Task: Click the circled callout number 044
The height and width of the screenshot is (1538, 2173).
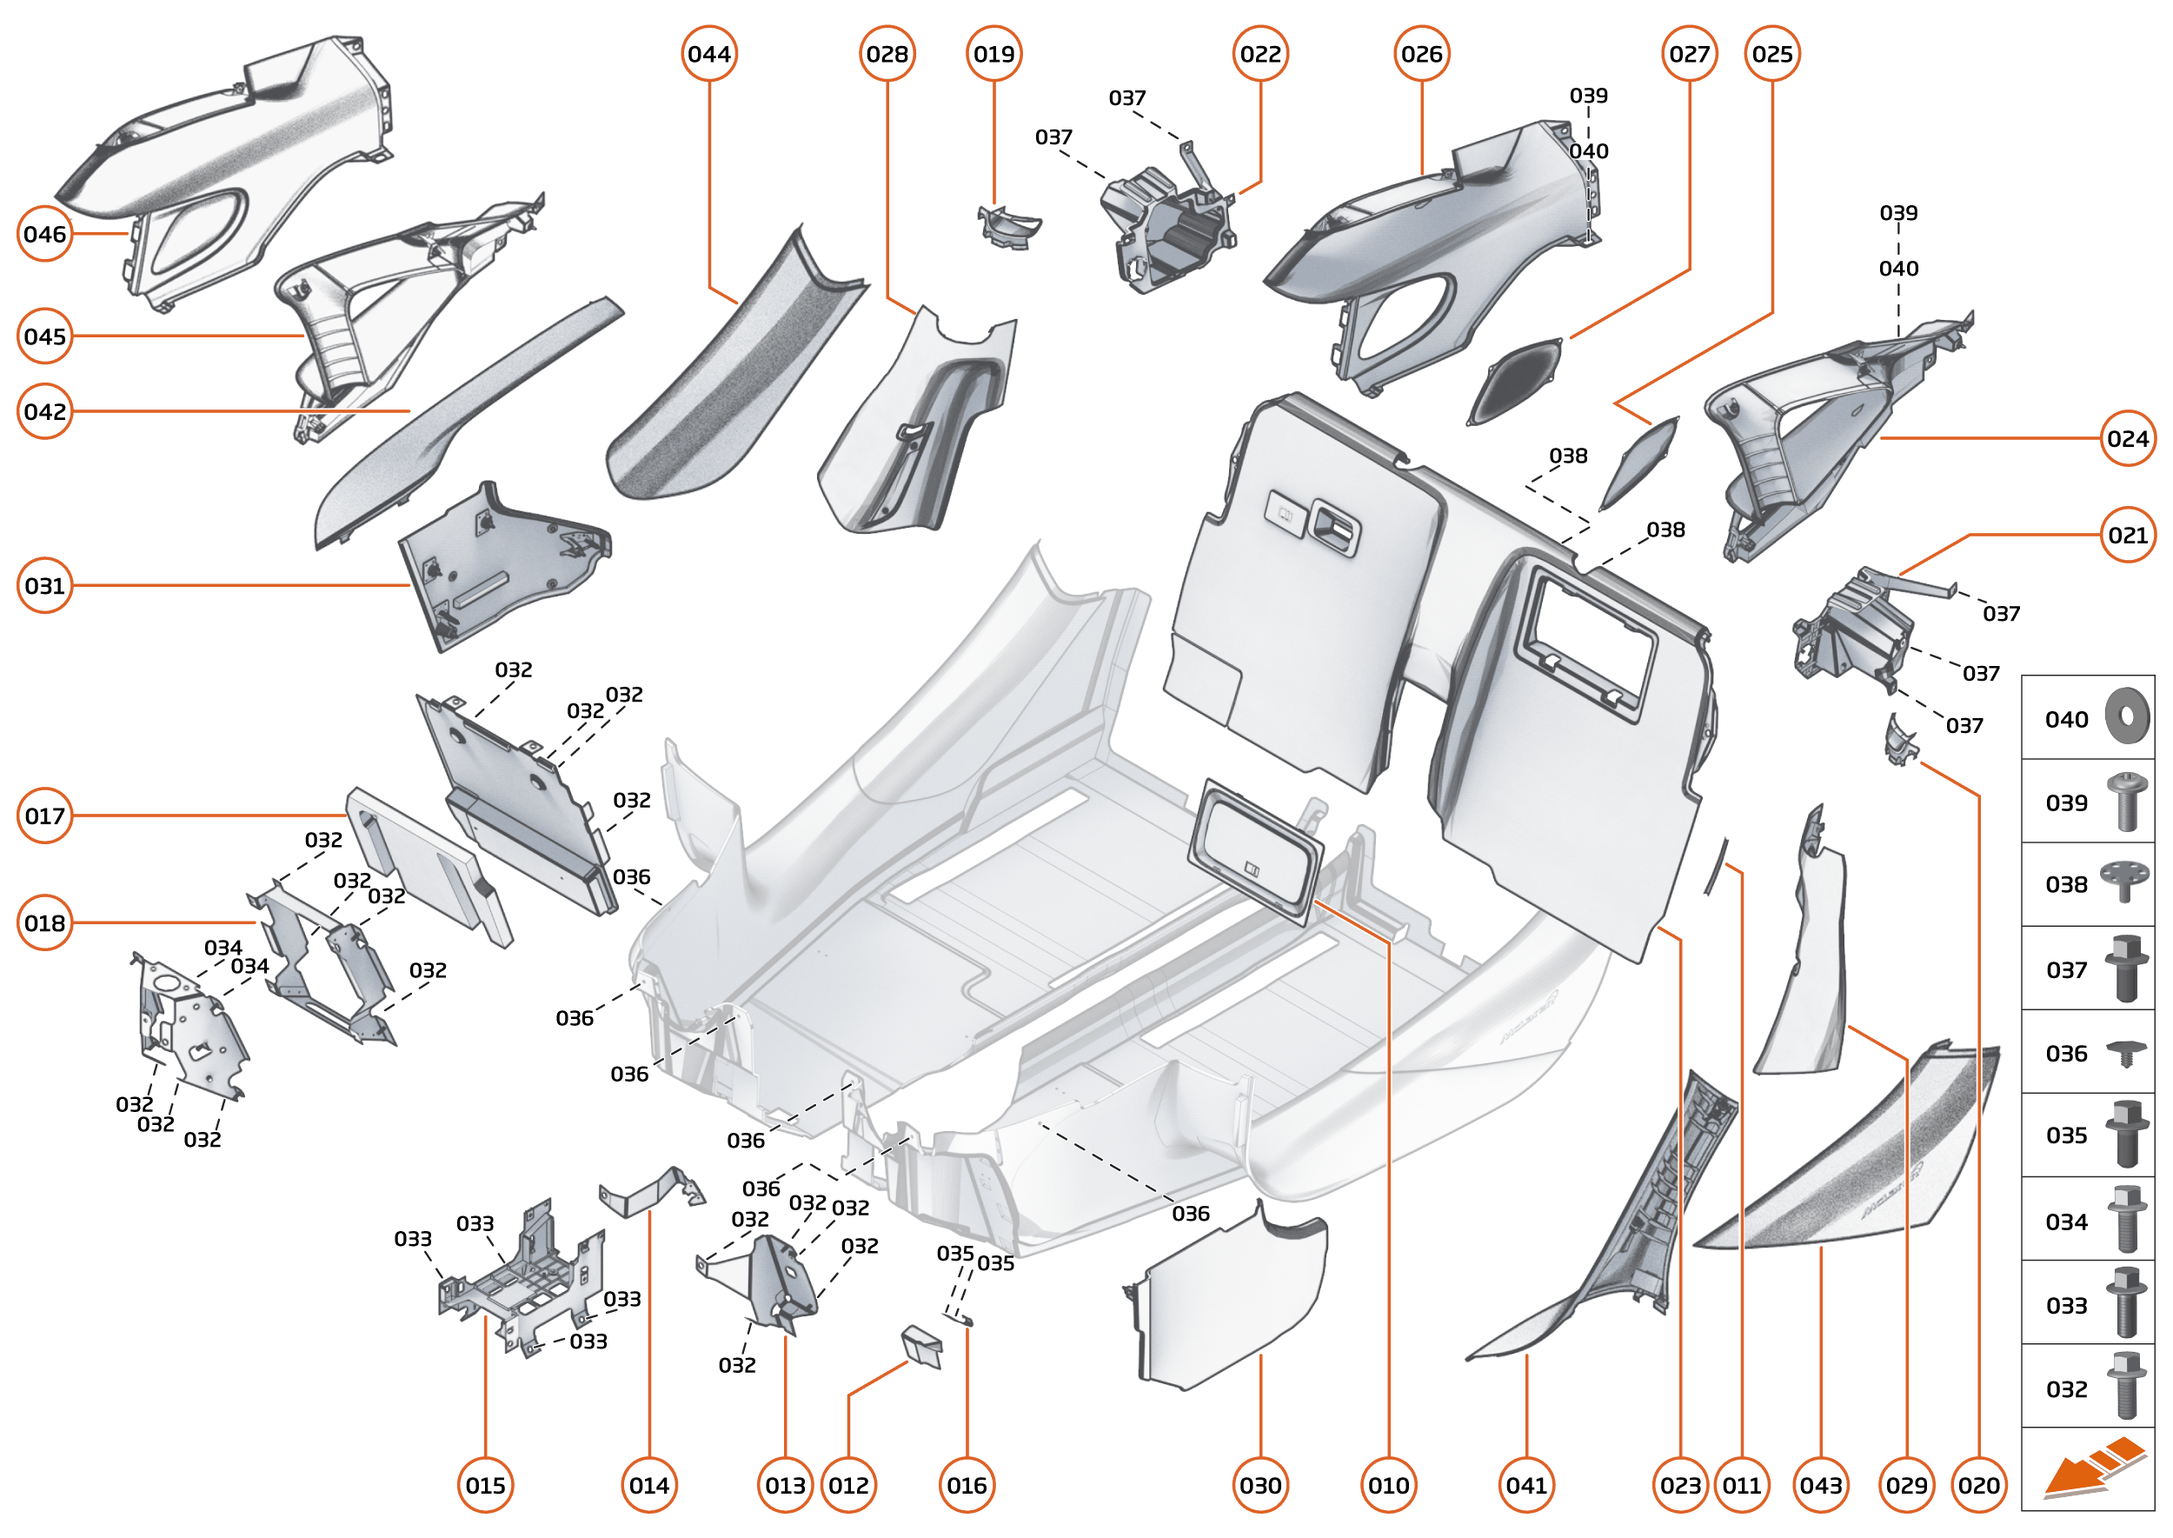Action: coord(709,54)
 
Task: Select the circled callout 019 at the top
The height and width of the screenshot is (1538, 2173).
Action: coord(993,54)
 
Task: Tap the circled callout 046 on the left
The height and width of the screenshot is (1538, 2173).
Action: coord(44,234)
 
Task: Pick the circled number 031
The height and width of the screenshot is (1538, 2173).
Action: coord(44,585)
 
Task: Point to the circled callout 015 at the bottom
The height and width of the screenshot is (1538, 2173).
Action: coord(485,1485)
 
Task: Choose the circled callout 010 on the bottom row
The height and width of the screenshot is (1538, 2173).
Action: coord(1388,1485)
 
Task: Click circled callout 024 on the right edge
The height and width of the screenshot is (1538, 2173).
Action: coord(2128,438)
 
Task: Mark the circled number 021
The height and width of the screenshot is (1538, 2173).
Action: coord(2128,535)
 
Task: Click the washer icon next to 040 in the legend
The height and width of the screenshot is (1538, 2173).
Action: coord(2127,717)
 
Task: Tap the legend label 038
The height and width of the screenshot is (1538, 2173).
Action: coord(2066,884)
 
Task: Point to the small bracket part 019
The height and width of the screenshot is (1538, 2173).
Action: coord(1007,227)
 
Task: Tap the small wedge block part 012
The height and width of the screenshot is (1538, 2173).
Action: coord(922,1346)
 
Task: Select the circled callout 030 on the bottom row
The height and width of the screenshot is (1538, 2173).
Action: coord(1260,1485)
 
